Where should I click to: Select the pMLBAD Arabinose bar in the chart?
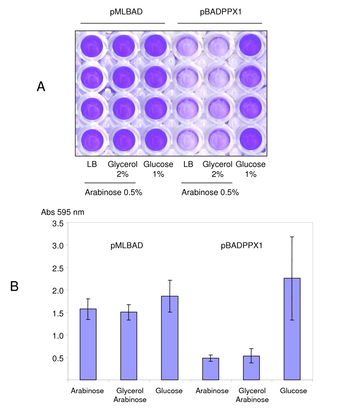coord(88,344)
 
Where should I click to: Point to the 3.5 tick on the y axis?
coord(58,223)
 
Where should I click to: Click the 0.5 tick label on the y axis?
coord(58,358)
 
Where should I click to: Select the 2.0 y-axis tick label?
coord(58,290)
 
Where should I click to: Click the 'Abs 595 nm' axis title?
coord(62,212)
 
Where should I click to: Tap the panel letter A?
coord(41,87)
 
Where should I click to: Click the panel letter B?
coord(14,286)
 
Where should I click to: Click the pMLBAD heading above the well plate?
coord(126,12)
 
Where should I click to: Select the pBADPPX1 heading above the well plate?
coord(220,12)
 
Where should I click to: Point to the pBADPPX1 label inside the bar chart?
coord(241,245)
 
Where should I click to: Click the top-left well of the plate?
coord(91,46)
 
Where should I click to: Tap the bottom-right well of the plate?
coord(250,139)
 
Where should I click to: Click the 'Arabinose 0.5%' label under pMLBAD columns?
coord(113,192)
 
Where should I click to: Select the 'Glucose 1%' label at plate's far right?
coord(250,169)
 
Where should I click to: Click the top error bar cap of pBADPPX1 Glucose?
coord(292,237)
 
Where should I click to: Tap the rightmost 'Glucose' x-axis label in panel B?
coord(293,391)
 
